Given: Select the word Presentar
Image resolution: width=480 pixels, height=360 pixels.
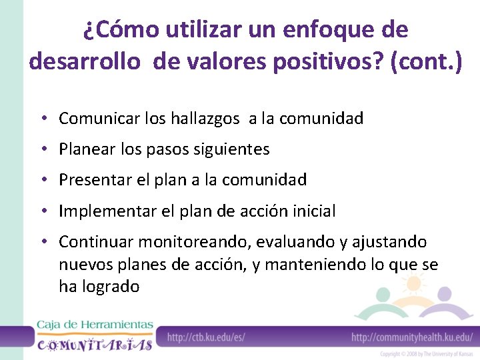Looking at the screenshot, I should [89, 180].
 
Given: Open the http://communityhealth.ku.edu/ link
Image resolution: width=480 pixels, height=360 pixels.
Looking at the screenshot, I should [412, 337].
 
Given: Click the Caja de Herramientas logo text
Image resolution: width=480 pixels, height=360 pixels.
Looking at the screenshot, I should [95, 325].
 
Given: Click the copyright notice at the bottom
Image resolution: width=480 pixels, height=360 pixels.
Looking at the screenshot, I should [427, 354].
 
